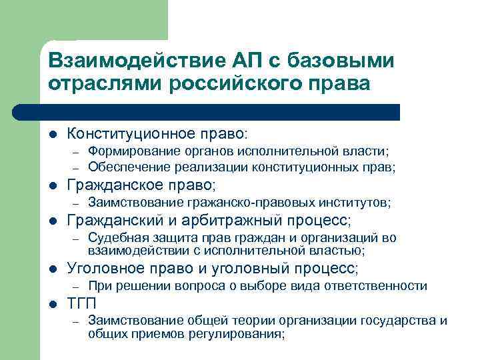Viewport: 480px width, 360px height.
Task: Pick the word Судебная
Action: [113, 238]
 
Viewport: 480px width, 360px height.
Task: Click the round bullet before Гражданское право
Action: [53, 185]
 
